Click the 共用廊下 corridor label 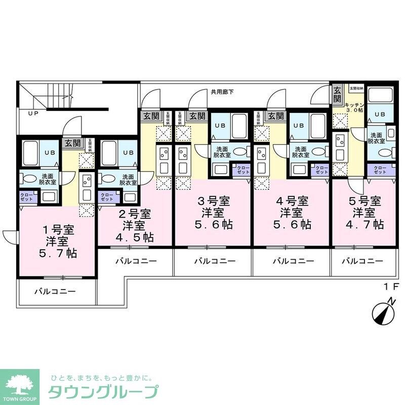[x=223, y=92]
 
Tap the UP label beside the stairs [x=33, y=113]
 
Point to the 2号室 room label [x=135, y=213]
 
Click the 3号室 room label [x=213, y=199]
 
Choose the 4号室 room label [x=292, y=199]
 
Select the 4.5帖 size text [x=135, y=236]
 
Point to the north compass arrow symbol [x=383, y=311]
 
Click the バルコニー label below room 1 [x=55, y=292]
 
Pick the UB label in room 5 [x=380, y=114]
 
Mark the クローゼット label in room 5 [x=380, y=170]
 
